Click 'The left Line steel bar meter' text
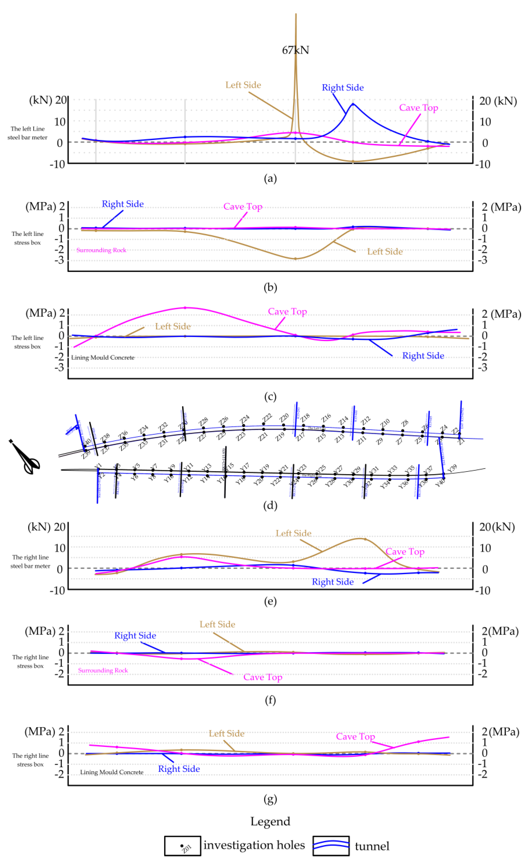pos(27,133)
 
